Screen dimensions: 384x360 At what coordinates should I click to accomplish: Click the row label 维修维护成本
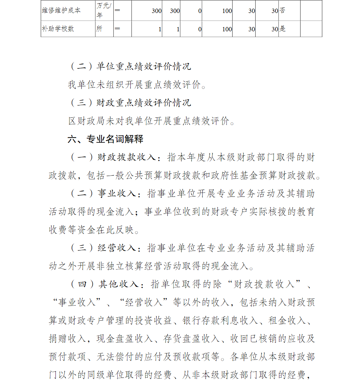pyautogui.click(x=61, y=10)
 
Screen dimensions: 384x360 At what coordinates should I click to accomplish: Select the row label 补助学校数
pyautogui.click(x=58, y=29)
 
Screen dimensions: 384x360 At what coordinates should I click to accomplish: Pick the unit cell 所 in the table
pyautogui.click(x=99, y=29)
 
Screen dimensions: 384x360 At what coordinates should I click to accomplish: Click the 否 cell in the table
pyautogui.click(x=283, y=10)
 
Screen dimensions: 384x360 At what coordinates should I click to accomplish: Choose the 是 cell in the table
pyautogui.click(x=283, y=29)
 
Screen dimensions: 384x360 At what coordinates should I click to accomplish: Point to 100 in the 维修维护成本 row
pyautogui.click(x=227, y=11)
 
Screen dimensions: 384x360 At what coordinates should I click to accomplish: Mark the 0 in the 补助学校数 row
pyautogui.click(x=200, y=29)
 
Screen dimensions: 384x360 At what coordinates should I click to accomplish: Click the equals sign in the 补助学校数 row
pyautogui.click(x=118, y=29)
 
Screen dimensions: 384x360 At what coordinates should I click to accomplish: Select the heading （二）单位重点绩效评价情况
pyautogui.click(x=130, y=67)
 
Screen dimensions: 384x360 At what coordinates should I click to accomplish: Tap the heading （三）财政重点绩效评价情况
pyautogui.click(x=130, y=103)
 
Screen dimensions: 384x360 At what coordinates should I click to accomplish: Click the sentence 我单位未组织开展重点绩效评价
pyautogui.click(x=137, y=85)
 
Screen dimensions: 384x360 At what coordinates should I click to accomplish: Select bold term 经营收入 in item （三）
pyautogui.click(x=117, y=248)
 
